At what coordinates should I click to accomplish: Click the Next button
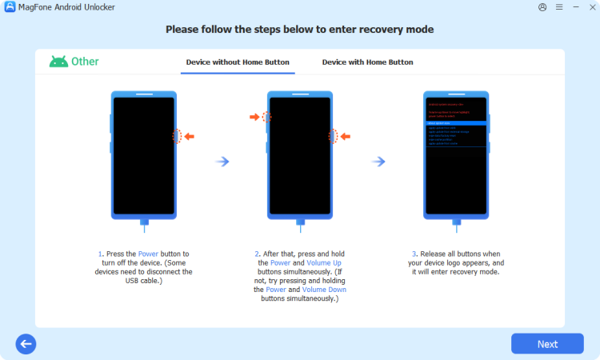coord(547,344)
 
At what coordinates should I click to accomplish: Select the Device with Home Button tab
coord(367,62)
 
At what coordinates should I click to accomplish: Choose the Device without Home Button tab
coord(238,62)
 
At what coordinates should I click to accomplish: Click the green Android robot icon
coord(58,62)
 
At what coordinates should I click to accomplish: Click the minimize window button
coord(574,7)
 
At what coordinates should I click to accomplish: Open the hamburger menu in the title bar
coord(559,7)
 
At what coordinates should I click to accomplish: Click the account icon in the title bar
coord(543,7)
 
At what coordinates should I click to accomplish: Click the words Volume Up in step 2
coord(323,262)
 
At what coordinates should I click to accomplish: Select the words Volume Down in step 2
coord(325,290)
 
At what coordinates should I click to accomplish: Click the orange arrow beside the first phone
coord(190,137)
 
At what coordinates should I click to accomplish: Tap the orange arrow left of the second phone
coord(254,117)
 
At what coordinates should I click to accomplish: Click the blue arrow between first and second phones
coord(223,162)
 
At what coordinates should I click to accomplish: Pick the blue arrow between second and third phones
coord(378,162)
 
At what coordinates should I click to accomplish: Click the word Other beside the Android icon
coord(86,62)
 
